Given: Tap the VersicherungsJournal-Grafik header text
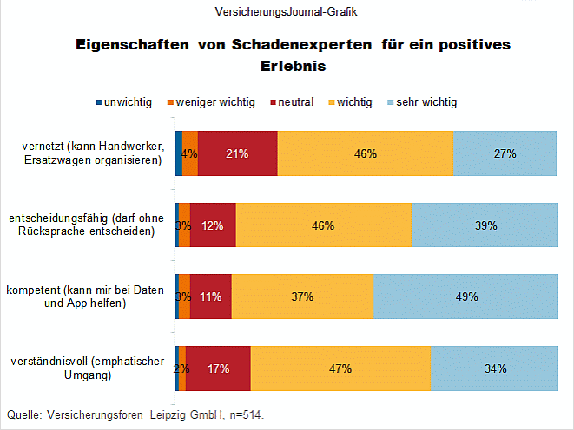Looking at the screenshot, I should click(x=286, y=12).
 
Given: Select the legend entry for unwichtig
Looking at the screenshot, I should click(x=123, y=102).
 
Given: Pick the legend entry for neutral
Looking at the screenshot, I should click(x=291, y=102).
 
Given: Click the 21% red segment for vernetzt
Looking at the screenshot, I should click(x=237, y=153).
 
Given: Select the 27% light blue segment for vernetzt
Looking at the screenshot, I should click(x=505, y=153).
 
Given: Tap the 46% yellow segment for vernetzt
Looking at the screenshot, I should click(x=365, y=153).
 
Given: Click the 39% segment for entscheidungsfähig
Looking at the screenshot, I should click(x=484, y=225).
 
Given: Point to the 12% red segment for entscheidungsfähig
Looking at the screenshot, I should click(x=213, y=225).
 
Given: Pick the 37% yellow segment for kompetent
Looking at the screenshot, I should click(x=302, y=296).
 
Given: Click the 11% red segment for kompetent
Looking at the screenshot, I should click(x=211, y=296).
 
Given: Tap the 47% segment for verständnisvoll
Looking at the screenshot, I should click(x=340, y=368).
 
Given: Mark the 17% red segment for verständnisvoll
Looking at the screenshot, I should click(x=218, y=368).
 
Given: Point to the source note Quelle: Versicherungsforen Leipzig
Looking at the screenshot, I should click(x=135, y=415).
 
